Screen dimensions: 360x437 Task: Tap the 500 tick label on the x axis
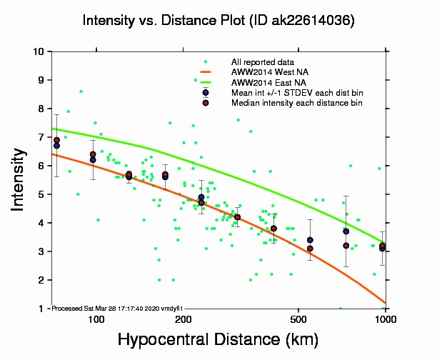(298, 319)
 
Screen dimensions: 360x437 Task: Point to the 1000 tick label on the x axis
(385, 319)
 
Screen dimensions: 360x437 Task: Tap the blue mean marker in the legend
(206, 93)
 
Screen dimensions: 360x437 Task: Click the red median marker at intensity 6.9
(57, 140)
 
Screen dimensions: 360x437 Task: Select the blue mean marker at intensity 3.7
(346, 231)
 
